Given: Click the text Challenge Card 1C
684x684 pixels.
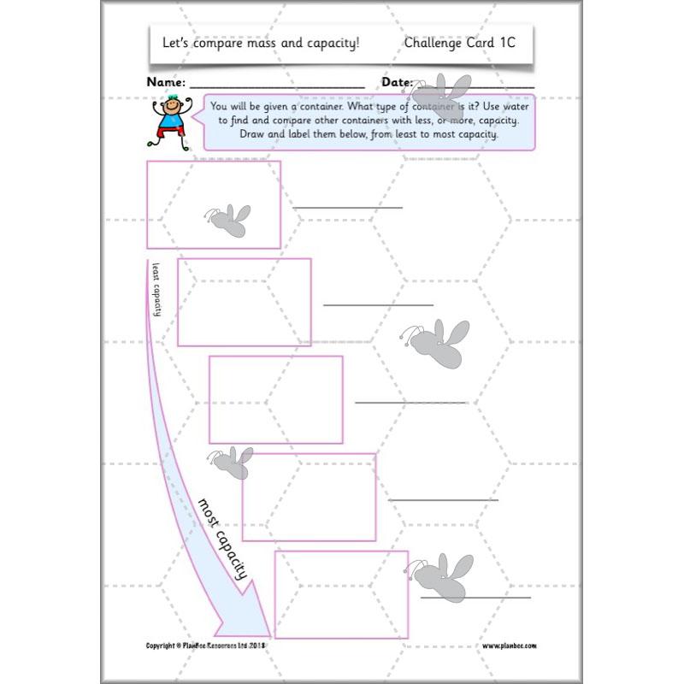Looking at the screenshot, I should (x=459, y=42).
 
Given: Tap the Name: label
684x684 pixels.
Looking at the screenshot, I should (x=166, y=83).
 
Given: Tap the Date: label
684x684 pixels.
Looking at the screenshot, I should (x=397, y=83).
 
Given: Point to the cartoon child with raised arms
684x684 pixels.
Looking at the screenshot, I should (x=173, y=121).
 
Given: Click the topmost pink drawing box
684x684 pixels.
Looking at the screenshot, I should (x=214, y=204).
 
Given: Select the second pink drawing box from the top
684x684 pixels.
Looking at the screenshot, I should (x=245, y=302).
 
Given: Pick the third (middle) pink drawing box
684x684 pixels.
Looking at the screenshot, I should (x=275, y=399).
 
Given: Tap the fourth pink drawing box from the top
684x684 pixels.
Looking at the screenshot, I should (x=309, y=497).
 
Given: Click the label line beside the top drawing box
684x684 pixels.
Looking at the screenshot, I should (x=347, y=207).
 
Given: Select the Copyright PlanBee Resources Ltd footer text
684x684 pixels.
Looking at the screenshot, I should (x=207, y=646).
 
